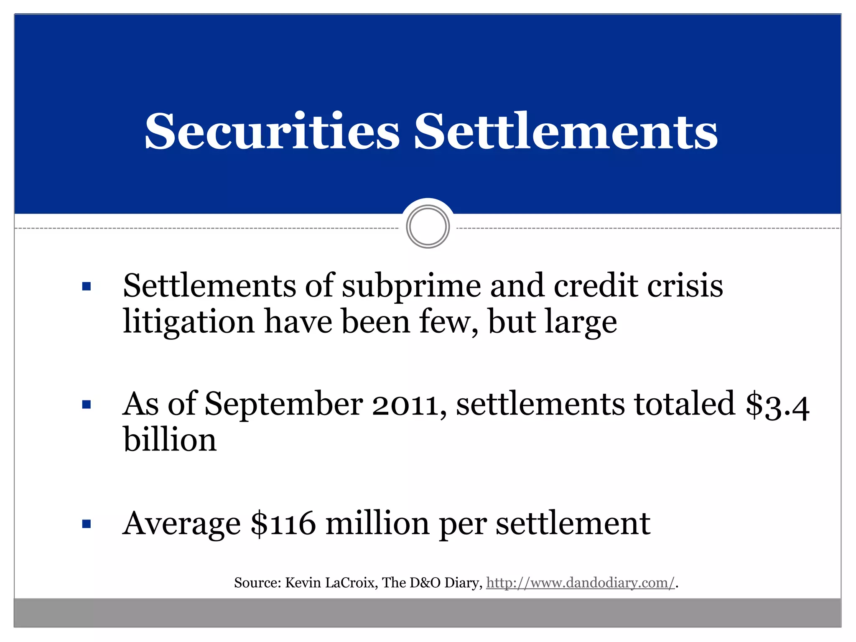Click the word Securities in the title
[x=272, y=131]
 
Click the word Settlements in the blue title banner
[x=566, y=131]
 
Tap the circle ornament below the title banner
[x=428, y=227]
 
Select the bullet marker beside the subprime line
[x=87, y=287]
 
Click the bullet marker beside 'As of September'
[x=87, y=405]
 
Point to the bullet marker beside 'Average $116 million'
[x=87, y=524]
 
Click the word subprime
[x=411, y=287]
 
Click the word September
[x=284, y=405]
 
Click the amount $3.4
[x=777, y=405]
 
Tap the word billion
[x=170, y=440]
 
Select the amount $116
[x=283, y=523]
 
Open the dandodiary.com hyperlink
[x=580, y=583]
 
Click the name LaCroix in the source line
[x=352, y=583]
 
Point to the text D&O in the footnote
[x=425, y=583]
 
